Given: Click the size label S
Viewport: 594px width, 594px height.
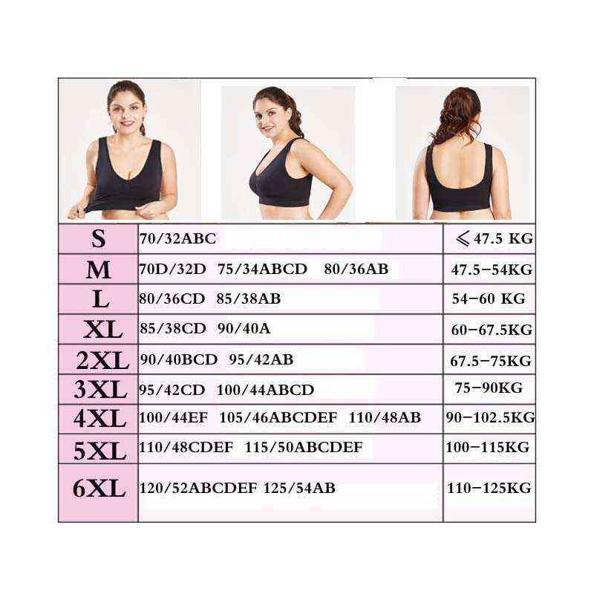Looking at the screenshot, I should [98, 239].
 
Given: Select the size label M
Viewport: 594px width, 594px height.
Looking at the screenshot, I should [98, 270].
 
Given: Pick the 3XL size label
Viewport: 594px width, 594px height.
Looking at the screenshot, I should [100, 389].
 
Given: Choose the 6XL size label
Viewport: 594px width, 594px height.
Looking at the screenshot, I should [99, 489].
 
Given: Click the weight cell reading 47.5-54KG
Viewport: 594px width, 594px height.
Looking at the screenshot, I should [492, 270].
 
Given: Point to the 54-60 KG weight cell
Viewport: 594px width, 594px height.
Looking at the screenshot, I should [489, 298].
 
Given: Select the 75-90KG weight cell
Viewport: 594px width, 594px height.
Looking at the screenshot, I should [489, 388].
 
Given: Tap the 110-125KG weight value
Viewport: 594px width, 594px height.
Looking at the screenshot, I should [489, 488].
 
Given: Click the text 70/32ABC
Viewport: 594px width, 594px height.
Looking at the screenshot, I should [177, 239].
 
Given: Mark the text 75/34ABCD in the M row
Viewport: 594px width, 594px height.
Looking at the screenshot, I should [262, 269].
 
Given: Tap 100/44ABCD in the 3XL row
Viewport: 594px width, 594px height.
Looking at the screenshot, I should [265, 390].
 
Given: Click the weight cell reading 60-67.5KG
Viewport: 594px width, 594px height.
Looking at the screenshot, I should [490, 329].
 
